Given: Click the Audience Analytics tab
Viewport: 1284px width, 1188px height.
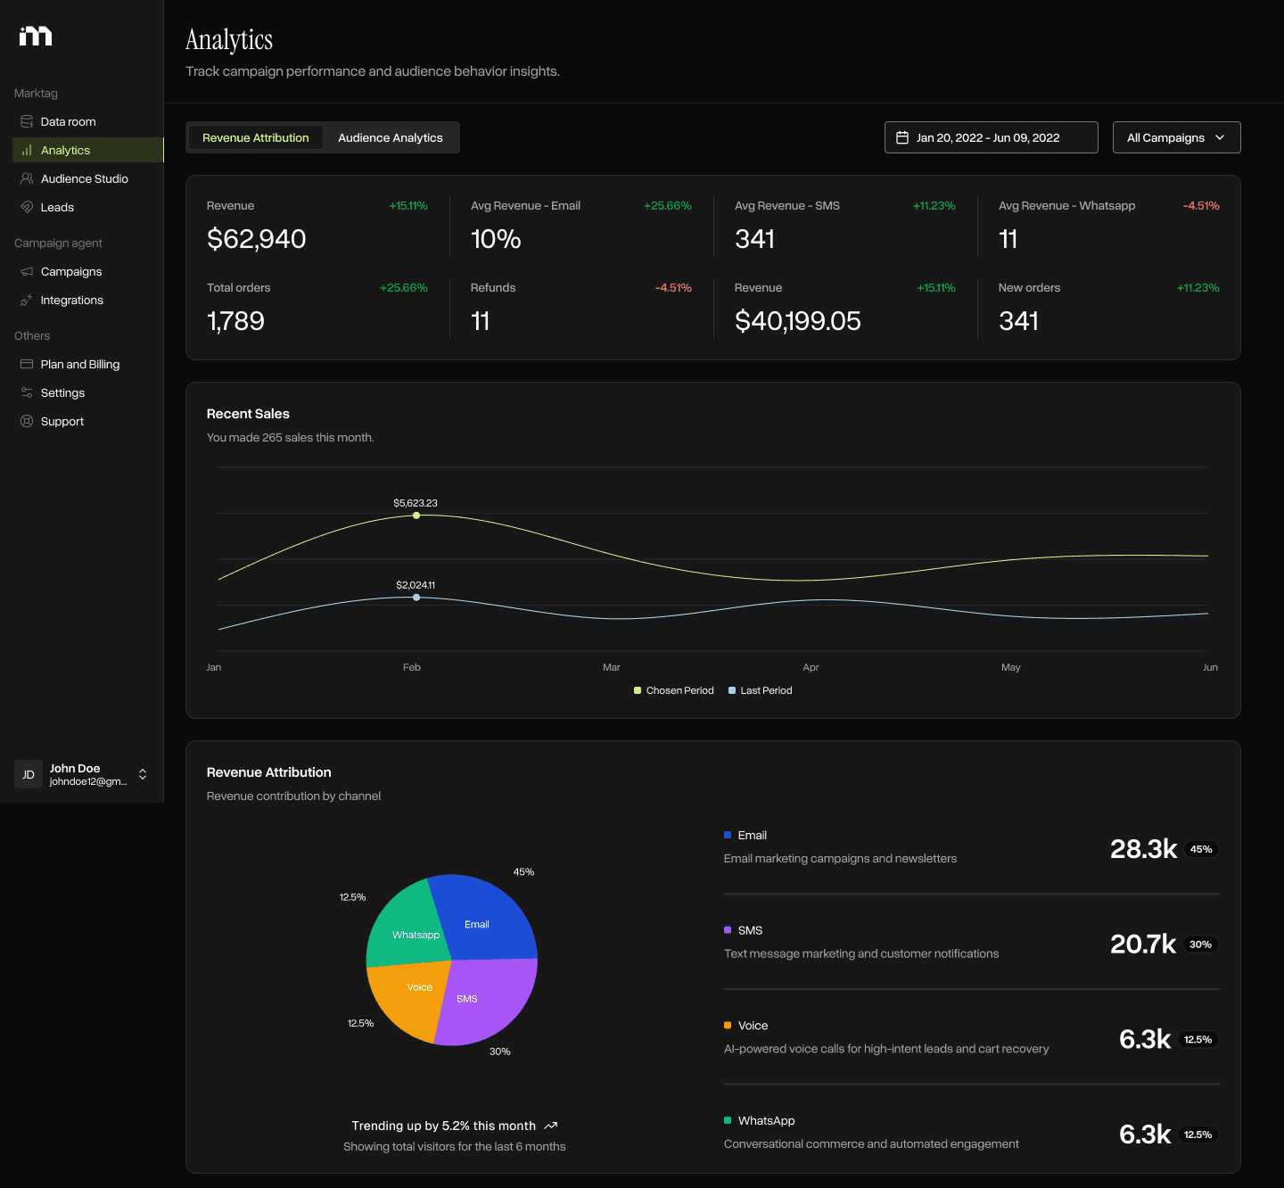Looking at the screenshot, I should [x=390, y=137].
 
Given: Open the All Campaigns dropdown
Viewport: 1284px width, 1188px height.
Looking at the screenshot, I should [x=1175, y=137].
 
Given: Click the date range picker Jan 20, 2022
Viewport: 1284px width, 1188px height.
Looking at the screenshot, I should [x=990, y=137].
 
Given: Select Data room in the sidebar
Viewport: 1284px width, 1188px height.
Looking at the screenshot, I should [x=68, y=121].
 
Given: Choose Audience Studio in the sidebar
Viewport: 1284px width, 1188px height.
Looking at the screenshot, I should [x=84, y=178].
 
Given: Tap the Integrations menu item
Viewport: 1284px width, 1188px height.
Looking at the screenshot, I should [x=71, y=300].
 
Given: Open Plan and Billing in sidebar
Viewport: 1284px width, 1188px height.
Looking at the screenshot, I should [x=79, y=364].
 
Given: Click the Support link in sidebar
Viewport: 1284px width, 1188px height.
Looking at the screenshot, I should [x=62, y=421].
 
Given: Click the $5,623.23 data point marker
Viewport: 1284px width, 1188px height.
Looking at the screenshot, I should [x=416, y=516].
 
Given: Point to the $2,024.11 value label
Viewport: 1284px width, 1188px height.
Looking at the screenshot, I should [x=416, y=585].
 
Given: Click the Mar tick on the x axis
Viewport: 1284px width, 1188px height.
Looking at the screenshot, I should [x=611, y=667].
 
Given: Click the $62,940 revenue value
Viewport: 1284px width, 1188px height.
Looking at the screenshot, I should [x=256, y=239].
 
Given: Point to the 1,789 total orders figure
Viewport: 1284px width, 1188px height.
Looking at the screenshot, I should [x=235, y=321].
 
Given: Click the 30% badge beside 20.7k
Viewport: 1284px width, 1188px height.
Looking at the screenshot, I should [x=1200, y=945].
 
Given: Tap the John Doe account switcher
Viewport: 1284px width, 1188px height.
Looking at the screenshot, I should [x=82, y=774].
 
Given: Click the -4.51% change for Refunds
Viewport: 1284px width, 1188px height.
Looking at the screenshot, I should [x=673, y=287].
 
